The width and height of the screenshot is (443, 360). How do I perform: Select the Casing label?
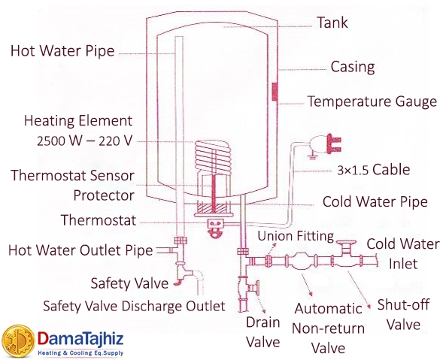[x=352, y=67]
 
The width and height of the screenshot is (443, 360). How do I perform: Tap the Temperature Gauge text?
[x=372, y=101]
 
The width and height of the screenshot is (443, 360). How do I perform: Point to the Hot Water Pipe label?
[x=62, y=52]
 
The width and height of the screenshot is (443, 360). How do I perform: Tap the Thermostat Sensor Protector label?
[x=73, y=185]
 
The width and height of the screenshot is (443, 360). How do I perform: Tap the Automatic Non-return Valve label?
[x=329, y=328]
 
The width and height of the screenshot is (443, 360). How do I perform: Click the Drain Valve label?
[x=263, y=332]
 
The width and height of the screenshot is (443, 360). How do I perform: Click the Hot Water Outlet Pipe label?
[x=78, y=250]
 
